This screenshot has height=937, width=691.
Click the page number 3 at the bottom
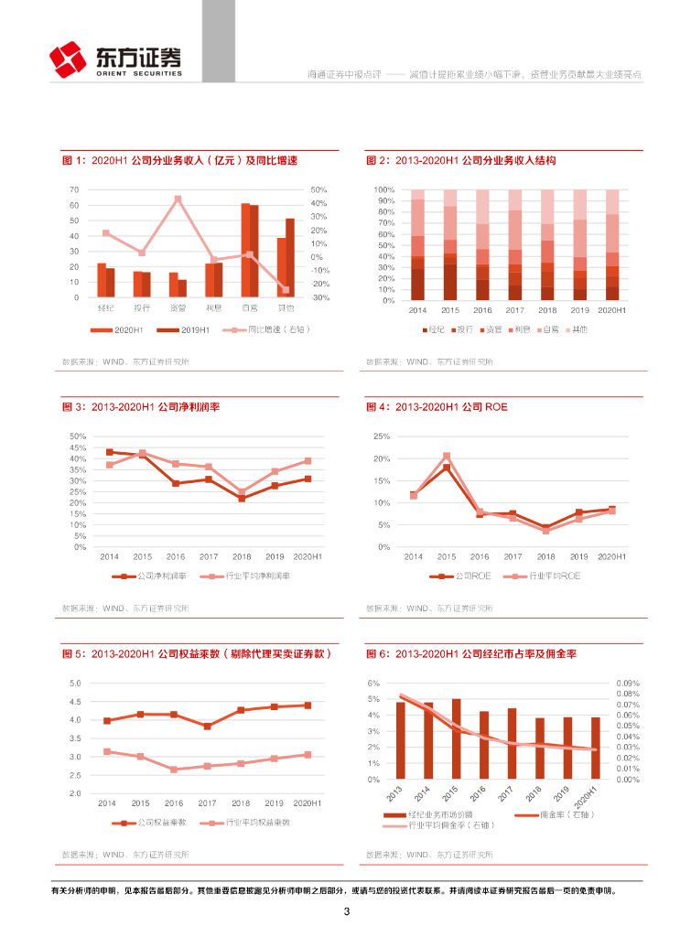click(x=346, y=911)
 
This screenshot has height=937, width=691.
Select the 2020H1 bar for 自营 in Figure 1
click(x=245, y=250)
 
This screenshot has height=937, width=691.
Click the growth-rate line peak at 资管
click(x=178, y=199)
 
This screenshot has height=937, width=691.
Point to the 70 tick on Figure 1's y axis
click(x=74, y=189)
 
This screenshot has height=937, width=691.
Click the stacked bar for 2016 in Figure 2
click(x=482, y=245)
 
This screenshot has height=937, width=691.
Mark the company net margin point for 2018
click(x=242, y=499)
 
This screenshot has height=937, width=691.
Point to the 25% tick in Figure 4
click(x=382, y=436)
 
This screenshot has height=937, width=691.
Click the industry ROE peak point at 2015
click(x=447, y=456)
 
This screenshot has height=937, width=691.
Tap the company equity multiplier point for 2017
click(x=208, y=726)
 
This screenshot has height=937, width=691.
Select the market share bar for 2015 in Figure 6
click(x=456, y=739)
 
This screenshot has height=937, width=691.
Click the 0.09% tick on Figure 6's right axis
click(x=627, y=683)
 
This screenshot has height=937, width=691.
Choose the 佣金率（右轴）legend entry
click(x=549, y=814)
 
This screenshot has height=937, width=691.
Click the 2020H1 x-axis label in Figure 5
click(x=308, y=802)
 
